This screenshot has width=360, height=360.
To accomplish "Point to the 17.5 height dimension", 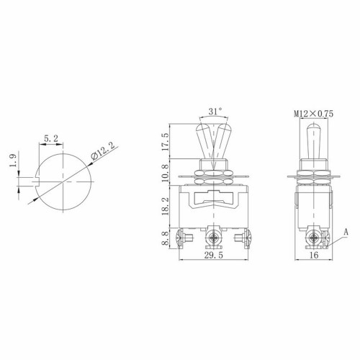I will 167,140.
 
